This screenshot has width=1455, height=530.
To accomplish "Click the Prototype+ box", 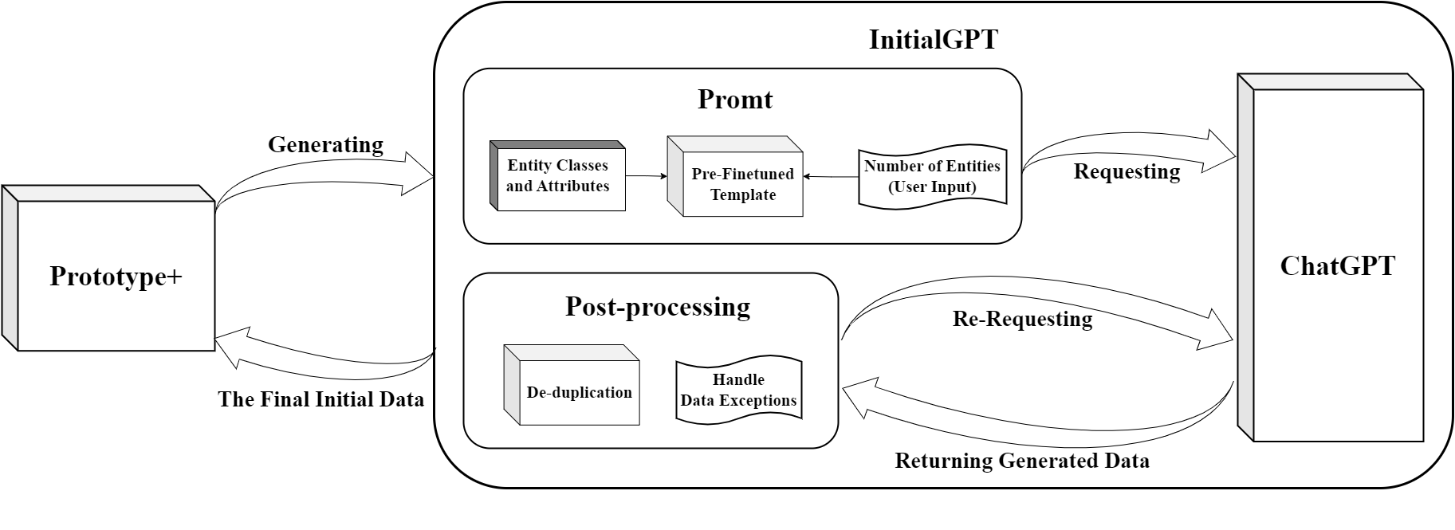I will [x=116, y=276].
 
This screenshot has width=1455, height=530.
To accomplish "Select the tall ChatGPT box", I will [x=1337, y=265].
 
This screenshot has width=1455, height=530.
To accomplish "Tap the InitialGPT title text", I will [x=933, y=39].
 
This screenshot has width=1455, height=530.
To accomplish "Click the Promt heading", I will [x=734, y=100].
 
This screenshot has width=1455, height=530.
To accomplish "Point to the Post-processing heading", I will [x=657, y=307].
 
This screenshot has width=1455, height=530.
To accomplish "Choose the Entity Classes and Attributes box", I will [x=558, y=176].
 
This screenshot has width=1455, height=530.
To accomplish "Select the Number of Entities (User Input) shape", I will [x=932, y=177].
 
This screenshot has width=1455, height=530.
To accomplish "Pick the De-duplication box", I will [x=579, y=392].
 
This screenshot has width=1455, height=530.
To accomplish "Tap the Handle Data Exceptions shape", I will [x=738, y=390].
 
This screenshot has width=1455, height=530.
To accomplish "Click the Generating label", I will [x=325, y=145].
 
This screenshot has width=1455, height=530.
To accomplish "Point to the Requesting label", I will [x=1127, y=171].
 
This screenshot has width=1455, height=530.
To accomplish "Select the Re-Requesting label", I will [x=1022, y=319].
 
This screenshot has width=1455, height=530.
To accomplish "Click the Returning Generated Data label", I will [x=1021, y=461].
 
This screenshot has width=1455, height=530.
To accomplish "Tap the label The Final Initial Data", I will [x=320, y=399].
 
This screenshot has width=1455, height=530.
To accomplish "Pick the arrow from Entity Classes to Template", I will [x=646, y=176].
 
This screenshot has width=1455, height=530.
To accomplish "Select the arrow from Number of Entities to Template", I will [x=830, y=176].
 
